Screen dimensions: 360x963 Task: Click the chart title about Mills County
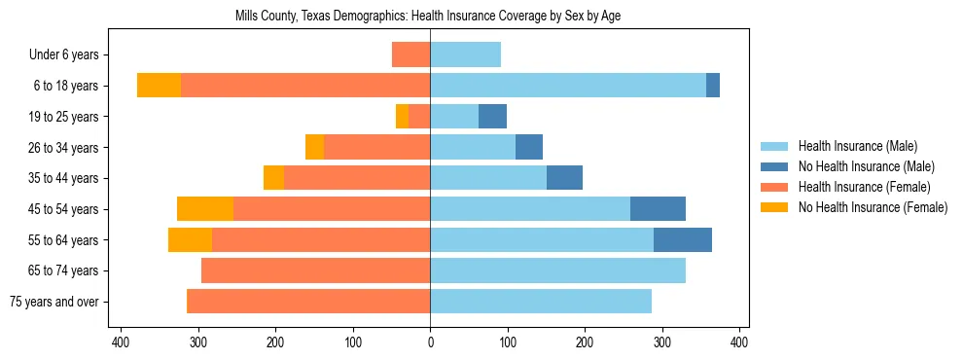coord(428,17)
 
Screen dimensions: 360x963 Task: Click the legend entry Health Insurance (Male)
coord(857,146)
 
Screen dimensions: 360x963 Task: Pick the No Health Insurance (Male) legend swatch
coord(775,166)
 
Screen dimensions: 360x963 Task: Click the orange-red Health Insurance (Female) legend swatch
coord(775,187)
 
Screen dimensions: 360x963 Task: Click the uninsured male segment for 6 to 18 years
coord(713,86)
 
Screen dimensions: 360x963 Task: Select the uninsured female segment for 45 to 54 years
coord(205,209)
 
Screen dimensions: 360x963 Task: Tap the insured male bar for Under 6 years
coord(465,54)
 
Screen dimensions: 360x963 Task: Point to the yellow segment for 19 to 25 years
coord(403,117)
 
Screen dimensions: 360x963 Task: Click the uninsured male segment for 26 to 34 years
coord(529,147)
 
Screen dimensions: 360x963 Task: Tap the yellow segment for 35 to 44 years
coord(274,178)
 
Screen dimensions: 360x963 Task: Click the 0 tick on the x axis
coord(430,342)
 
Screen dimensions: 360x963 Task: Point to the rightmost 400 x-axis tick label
coord(739,342)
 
